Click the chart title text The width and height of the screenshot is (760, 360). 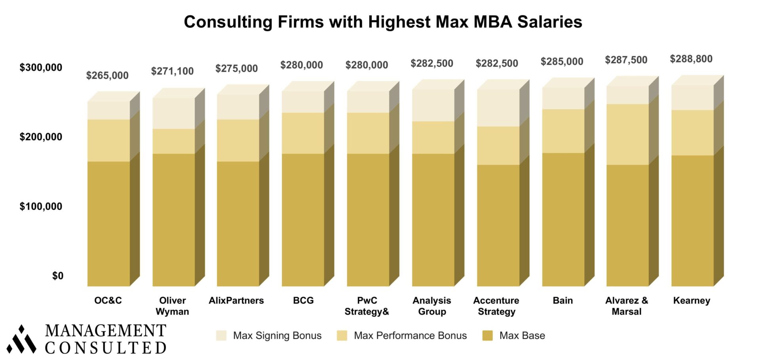click(x=383, y=22)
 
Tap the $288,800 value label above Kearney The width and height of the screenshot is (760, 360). click(x=691, y=59)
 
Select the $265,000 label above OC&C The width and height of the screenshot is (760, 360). click(x=107, y=76)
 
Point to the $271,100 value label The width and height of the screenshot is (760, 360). click(x=172, y=71)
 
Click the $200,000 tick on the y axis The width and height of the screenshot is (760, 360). click(x=41, y=137)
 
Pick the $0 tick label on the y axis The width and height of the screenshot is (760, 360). click(x=58, y=276)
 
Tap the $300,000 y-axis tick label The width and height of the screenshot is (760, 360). click(x=41, y=68)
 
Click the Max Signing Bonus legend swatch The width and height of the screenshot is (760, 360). click(x=221, y=336)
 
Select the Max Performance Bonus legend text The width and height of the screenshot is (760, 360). click(x=410, y=336)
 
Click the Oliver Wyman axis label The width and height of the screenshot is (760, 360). click(x=172, y=306)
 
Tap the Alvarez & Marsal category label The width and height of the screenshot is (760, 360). click(x=627, y=306)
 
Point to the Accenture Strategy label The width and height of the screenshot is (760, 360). click(x=496, y=306)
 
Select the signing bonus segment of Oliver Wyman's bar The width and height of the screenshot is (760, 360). click(x=174, y=113)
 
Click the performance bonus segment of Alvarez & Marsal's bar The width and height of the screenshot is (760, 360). click(x=627, y=134)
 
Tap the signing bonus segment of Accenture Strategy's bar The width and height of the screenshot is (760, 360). click(x=498, y=108)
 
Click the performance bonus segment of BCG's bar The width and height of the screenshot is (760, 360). click(x=303, y=133)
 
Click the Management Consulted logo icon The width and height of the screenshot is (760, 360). click(x=21, y=340)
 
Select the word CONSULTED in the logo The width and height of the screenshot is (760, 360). click(x=105, y=348)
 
